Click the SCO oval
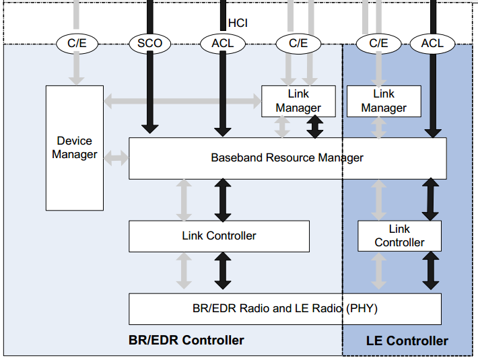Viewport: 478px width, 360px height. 149,44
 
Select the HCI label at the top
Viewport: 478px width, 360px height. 238,23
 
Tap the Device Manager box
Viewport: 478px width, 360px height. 75,147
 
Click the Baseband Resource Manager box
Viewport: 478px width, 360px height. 287,158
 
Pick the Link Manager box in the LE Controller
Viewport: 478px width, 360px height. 384,101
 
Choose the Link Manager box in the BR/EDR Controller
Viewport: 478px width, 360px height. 298,101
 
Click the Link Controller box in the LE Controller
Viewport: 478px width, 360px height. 399,236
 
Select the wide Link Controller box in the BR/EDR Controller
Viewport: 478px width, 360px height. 219,236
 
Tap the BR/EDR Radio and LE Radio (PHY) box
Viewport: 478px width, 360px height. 285,309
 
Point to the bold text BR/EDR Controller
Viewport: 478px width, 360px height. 186,340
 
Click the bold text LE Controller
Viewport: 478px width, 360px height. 407,340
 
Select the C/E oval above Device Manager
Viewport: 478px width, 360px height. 77,44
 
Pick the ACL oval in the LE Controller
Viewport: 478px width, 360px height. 432,44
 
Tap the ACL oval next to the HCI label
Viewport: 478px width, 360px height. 221,44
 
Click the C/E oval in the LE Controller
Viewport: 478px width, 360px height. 378,44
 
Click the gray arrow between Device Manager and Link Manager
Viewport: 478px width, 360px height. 182,102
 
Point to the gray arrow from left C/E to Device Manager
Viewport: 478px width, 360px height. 77,69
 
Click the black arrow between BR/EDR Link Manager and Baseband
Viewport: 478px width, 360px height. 314,127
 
